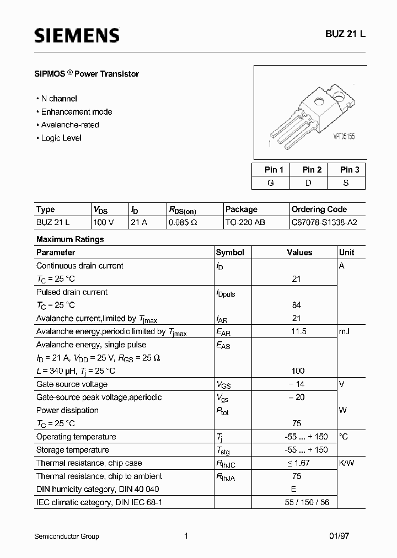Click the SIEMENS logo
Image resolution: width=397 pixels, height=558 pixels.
pos(77,36)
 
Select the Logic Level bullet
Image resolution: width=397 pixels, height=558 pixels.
pos(61,138)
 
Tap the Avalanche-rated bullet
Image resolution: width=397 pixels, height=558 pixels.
pos(67,125)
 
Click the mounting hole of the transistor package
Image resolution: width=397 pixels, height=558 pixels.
pos(318,101)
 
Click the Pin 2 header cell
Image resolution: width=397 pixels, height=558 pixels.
pos(312,170)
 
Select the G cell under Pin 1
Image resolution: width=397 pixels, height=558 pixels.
pos(271,183)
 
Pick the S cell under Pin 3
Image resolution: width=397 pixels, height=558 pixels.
pos(346,183)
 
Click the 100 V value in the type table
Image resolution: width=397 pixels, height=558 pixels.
pos(104,223)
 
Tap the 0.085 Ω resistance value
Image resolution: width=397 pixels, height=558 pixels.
pos(183,223)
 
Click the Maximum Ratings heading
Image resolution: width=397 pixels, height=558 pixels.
pos(70,239)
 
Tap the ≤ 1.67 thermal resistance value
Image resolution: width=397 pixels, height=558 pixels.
pos(297,463)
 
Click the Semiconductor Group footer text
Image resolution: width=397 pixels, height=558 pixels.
pos(67,536)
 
